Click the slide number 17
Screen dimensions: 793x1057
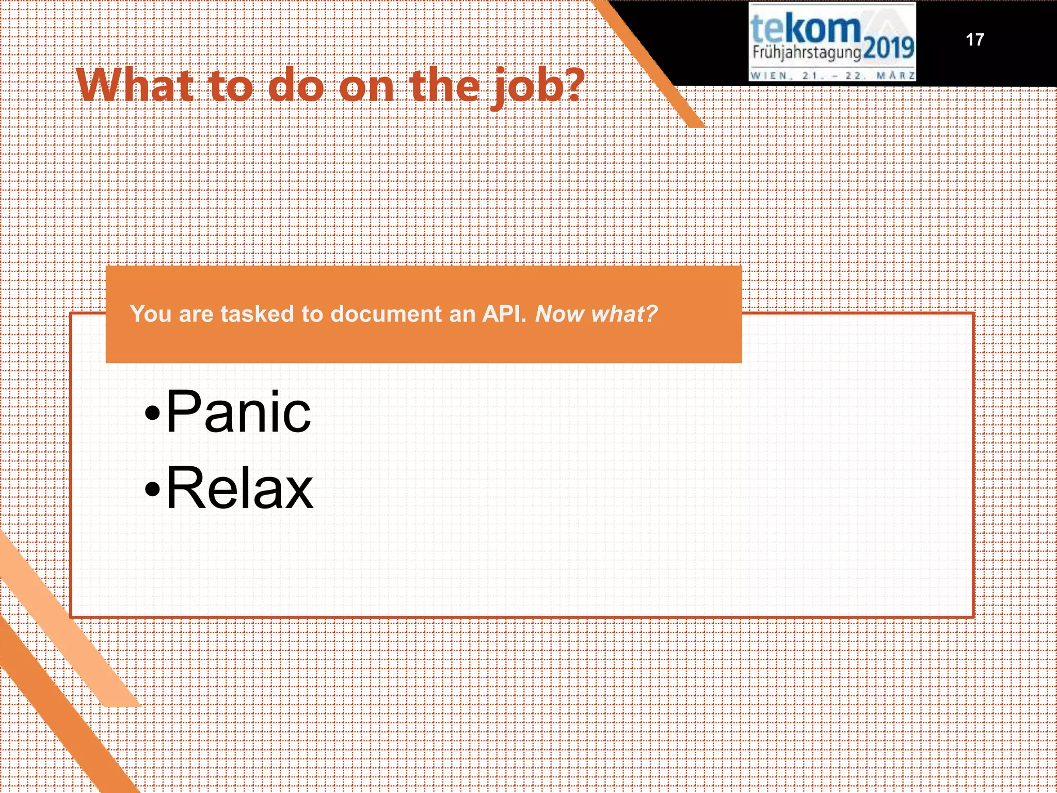pos(974,40)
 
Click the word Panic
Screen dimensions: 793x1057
pos(238,411)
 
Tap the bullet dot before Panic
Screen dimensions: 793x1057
pos(152,413)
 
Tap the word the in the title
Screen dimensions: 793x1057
pos(443,85)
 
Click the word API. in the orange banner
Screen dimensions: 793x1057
pos(504,314)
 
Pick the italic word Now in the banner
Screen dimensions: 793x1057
pos(560,314)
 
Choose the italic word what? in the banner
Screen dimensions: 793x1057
pos(624,314)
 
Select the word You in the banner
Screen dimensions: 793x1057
pos(151,314)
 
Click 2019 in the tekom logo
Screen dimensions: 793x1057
pos(888,49)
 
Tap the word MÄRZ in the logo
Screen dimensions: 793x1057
pos(896,76)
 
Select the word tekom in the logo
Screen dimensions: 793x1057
pos(805,28)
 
